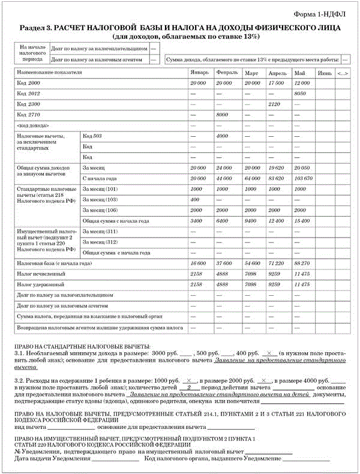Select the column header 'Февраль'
pos(226,73)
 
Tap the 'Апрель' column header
pos(277,73)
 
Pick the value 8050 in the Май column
pos(301,94)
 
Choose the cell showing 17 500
pos(276,82)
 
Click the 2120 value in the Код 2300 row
pos(274,104)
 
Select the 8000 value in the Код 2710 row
pos(223,115)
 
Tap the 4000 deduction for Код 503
pos(223,136)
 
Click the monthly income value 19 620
pos(277,168)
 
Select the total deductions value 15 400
pos(302,220)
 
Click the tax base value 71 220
pos(277,263)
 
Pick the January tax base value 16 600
pos(198,263)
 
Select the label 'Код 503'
pos(92,136)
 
